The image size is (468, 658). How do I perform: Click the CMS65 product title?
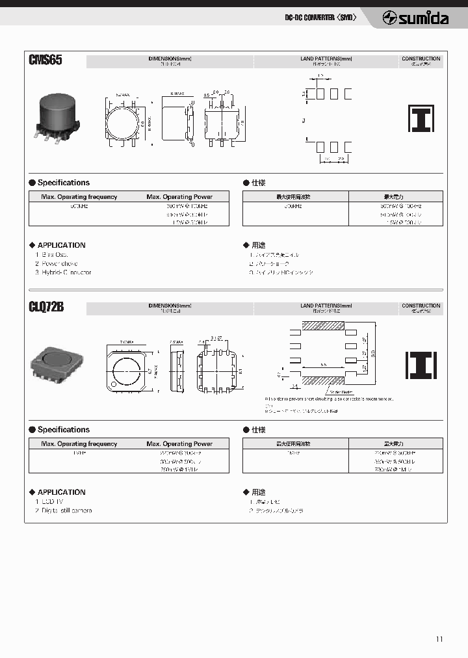(x=45, y=60)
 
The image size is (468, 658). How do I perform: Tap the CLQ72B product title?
(x=46, y=308)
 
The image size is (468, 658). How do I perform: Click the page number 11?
(x=439, y=639)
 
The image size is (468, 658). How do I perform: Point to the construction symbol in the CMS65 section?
(x=421, y=118)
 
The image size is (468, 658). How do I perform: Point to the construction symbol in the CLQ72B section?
(x=421, y=365)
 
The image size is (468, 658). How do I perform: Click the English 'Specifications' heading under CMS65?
(x=63, y=183)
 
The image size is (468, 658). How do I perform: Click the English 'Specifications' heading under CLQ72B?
(x=63, y=430)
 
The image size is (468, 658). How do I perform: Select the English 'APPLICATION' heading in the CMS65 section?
(x=61, y=245)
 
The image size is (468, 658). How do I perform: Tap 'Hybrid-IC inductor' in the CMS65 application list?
(x=63, y=272)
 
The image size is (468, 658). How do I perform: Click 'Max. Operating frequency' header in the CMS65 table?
(x=79, y=196)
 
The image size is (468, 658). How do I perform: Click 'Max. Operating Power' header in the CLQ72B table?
(x=179, y=443)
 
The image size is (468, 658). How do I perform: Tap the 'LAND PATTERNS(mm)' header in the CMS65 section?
(x=326, y=59)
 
